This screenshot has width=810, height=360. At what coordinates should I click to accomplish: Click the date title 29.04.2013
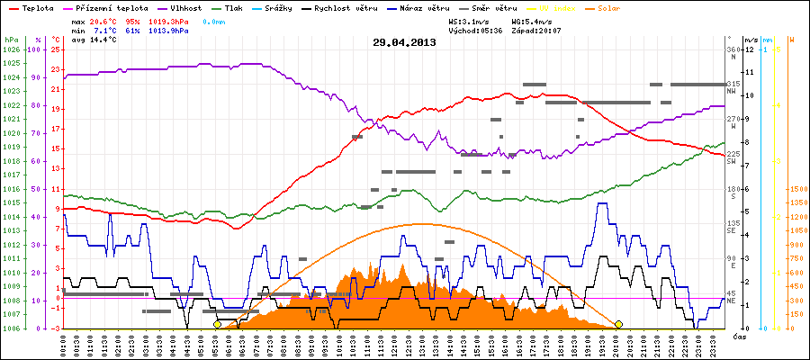point(404,42)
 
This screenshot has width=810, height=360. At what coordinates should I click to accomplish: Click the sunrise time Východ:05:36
point(479,30)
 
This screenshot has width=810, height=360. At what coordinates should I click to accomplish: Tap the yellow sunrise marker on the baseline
point(217,324)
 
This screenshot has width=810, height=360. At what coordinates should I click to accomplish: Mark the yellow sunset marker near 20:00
point(618,324)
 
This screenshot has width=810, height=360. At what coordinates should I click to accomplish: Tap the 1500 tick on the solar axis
point(797,189)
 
